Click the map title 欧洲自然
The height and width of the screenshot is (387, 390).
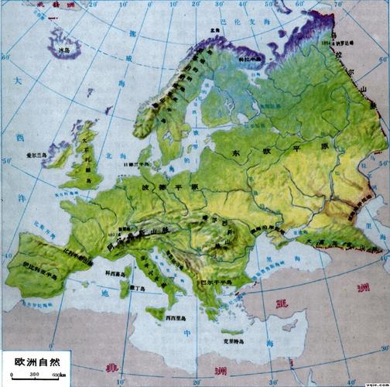point(36,360)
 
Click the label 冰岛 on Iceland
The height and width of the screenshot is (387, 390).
point(65,50)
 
